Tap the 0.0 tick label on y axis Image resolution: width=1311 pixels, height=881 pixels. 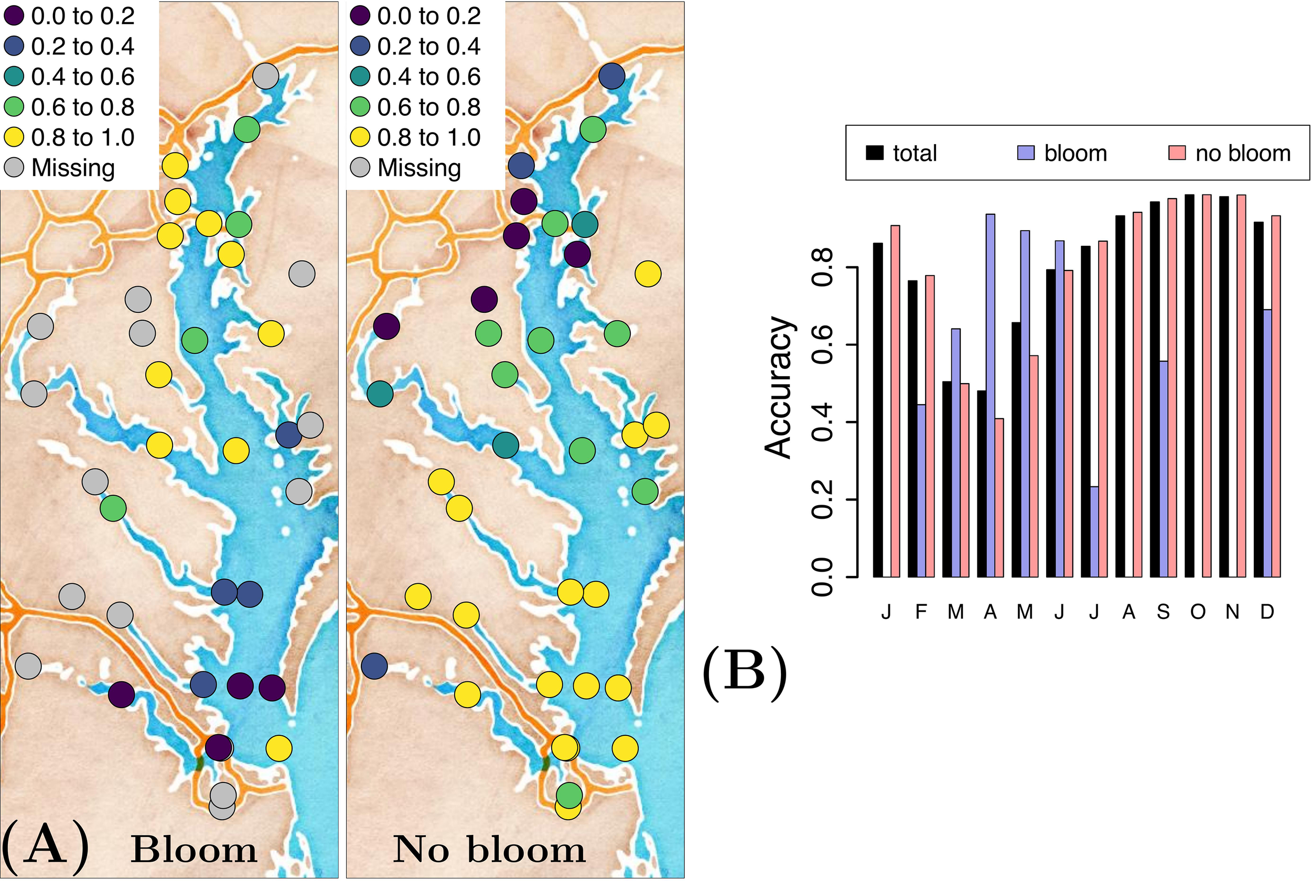(x=822, y=577)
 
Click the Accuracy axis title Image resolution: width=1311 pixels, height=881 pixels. (x=779, y=388)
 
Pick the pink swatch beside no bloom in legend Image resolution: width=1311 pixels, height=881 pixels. (x=1177, y=153)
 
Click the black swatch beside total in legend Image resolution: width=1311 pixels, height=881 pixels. (x=875, y=153)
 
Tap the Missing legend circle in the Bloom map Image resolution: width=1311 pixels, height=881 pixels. (x=14, y=167)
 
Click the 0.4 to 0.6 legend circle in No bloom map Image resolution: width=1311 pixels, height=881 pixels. (x=360, y=77)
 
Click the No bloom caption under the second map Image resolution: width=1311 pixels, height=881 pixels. (x=489, y=850)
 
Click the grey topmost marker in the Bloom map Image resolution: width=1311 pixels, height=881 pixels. (x=265, y=76)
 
